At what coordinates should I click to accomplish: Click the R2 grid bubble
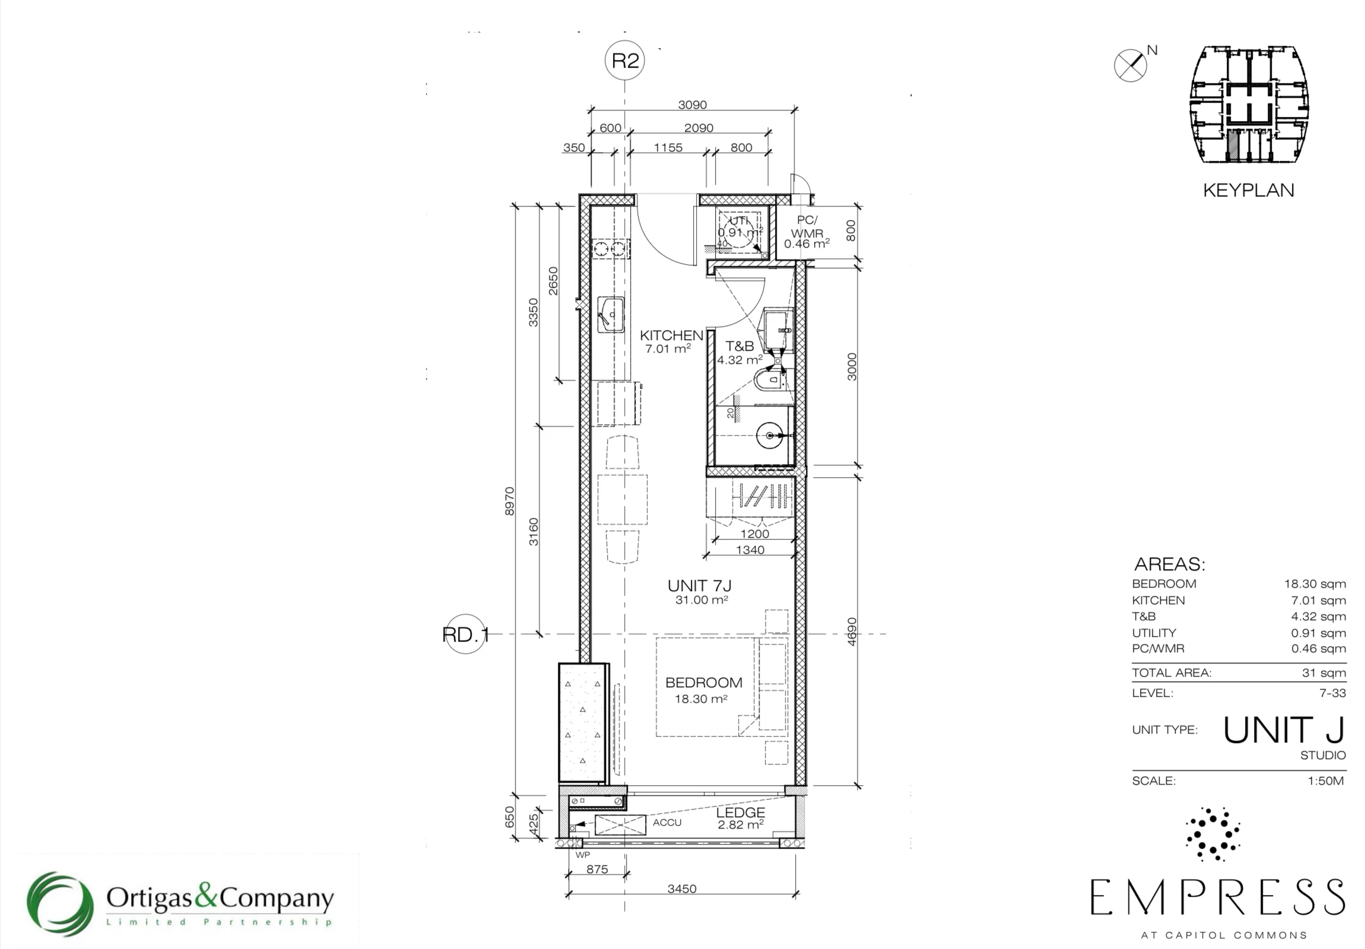click(625, 60)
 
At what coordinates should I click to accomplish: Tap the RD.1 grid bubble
click(465, 634)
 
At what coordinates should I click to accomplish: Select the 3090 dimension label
click(693, 104)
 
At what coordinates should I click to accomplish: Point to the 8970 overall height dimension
click(509, 501)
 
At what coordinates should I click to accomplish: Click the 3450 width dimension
click(682, 889)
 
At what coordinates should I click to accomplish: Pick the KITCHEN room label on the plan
click(671, 335)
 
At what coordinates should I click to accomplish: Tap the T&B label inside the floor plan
click(739, 346)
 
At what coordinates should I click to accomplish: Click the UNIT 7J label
click(699, 586)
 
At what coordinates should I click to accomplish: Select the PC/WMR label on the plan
click(807, 227)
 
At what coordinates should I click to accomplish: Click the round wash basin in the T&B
click(770, 435)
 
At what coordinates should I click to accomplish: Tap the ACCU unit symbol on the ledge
click(620, 826)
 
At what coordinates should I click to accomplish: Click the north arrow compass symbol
click(1130, 65)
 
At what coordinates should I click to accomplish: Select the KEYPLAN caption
click(1249, 191)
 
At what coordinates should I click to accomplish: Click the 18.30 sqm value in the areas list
click(1315, 584)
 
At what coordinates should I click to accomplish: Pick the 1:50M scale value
click(1326, 780)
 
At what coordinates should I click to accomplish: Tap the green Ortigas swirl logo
click(60, 904)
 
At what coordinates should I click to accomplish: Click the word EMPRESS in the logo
click(1218, 897)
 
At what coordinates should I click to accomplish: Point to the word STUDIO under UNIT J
click(1323, 755)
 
